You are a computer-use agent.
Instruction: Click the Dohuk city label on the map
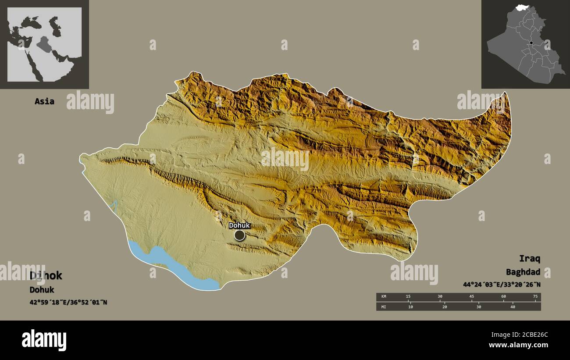tap(239, 225)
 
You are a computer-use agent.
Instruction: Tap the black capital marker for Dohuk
tap(239, 235)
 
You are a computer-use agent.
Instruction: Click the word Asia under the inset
tap(45, 101)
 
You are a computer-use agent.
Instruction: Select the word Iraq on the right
tap(530, 258)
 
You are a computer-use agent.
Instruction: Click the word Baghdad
tap(523, 272)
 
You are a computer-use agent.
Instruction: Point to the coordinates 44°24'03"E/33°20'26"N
tap(502, 285)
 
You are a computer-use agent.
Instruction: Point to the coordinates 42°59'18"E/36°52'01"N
tap(68, 303)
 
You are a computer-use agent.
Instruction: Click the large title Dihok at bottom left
tap(46, 275)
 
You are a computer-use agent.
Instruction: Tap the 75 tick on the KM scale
tap(535, 297)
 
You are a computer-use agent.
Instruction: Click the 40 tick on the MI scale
tap(513, 307)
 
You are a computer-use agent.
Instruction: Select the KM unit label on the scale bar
tap(384, 297)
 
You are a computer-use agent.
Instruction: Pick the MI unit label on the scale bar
tap(384, 307)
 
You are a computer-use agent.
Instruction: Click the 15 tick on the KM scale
tap(408, 297)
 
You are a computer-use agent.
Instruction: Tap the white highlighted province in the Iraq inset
tap(522, 7)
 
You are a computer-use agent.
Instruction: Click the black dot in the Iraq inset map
tap(531, 43)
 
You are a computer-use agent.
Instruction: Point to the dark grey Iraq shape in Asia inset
tap(43, 44)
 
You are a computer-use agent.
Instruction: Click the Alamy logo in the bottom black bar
tap(44, 340)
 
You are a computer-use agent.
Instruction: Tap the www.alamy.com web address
tap(518, 346)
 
